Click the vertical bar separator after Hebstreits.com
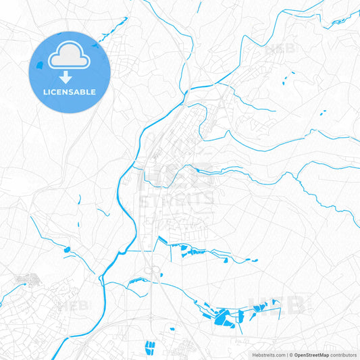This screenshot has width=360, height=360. pyautogui.click(x=286, y=355)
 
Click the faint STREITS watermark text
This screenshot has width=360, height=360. pyautogui.click(x=177, y=199)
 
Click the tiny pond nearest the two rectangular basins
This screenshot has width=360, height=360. pyautogui.click(x=172, y=330)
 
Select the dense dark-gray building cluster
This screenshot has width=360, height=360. pyautogui.click(x=27, y=278)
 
